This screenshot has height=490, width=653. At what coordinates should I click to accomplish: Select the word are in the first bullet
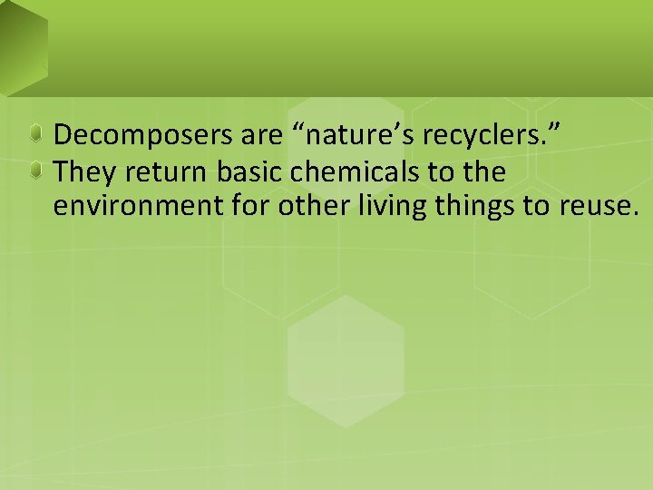tap(264, 136)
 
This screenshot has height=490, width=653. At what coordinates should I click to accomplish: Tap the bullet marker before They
tap(35, 171)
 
